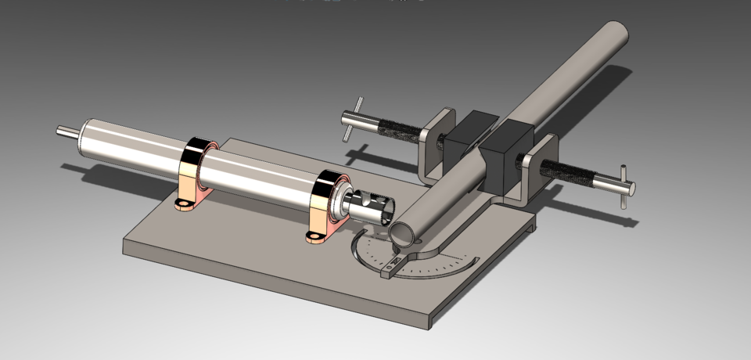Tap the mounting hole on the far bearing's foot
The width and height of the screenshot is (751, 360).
(184, 206)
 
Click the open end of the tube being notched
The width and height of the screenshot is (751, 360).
(404, 232)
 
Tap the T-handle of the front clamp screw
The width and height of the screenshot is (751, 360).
(624, 187)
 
